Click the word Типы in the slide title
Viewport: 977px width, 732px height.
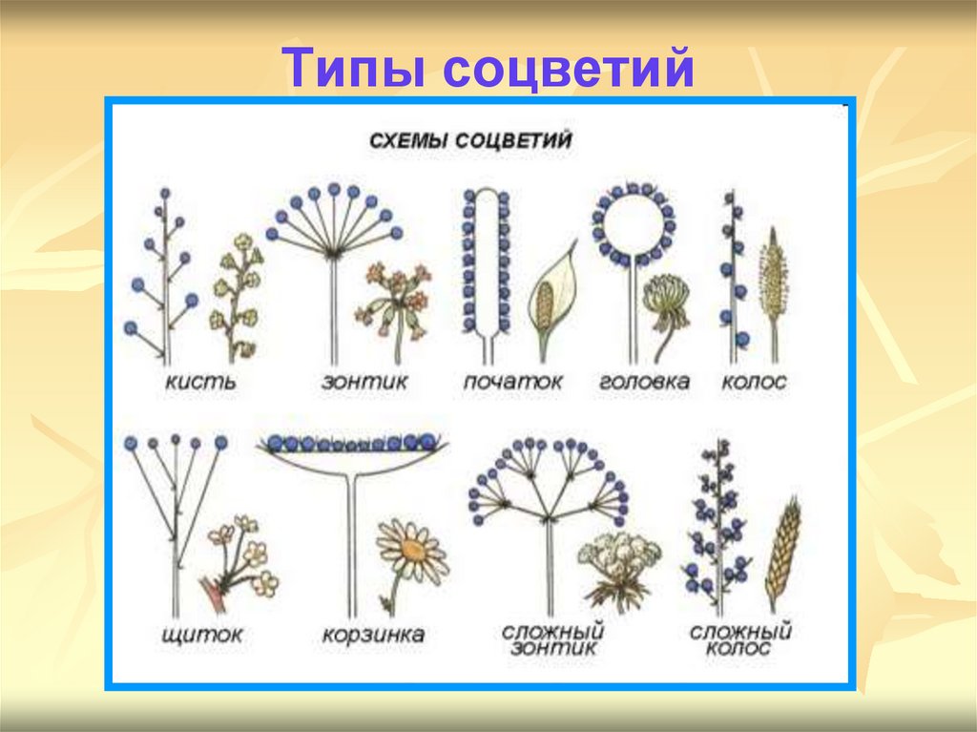(351, 69)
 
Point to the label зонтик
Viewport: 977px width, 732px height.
(364, 382)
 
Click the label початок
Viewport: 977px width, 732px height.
(513, 382)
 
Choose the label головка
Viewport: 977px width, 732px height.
(644, 382)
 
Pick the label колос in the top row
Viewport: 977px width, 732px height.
(754, 382)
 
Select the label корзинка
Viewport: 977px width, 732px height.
(373, 634)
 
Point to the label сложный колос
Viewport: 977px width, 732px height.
(740, 638)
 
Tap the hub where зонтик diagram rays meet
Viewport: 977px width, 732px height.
(333, 253)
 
